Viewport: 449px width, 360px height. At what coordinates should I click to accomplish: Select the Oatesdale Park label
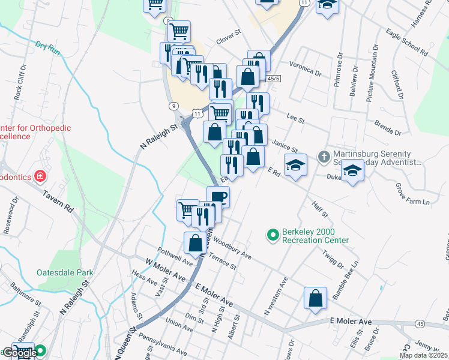click(x=65, y=272)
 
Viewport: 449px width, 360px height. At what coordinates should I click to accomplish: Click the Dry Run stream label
click(x=48, y=47)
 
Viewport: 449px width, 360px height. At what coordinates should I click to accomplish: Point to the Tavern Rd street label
click(x=58, y=201)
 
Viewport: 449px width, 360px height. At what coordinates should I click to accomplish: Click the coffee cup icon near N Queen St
click(x=218, y=196)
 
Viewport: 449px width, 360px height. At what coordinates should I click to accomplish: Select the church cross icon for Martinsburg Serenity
click(x=324, y=156)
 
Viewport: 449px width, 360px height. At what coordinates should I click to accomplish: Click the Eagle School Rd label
click(x=407, y=43)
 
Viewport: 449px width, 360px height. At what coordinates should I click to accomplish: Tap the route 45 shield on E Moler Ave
click(x=419, y=324)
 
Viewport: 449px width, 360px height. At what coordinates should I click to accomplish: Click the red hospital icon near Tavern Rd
click(x=40, y=176)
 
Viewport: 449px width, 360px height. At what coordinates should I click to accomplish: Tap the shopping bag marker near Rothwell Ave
click(x=194, y=243)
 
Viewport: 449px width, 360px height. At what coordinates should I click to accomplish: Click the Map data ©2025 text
click(x=424, y=355)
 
